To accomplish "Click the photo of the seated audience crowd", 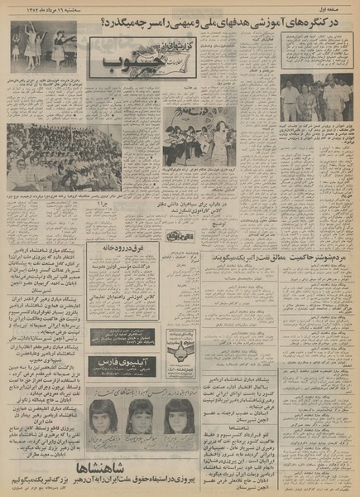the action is (54, 157).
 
